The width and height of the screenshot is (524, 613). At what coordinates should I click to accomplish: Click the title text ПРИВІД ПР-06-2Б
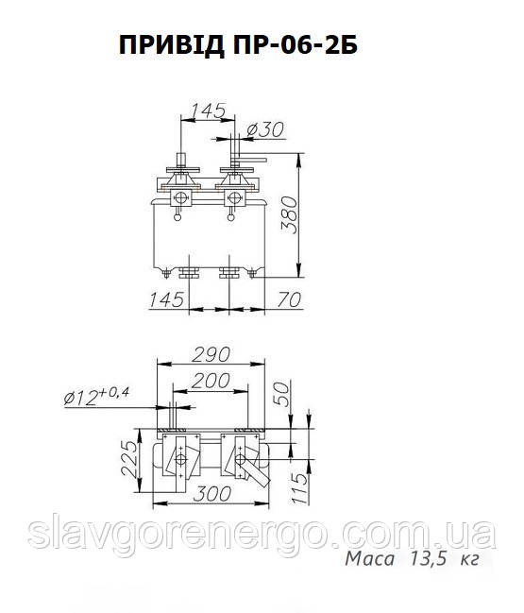238,45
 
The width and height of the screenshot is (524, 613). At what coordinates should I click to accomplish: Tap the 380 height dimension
290,215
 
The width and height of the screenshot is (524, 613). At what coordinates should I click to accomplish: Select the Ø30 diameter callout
265,129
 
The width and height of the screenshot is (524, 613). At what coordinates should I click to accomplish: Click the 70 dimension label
289,299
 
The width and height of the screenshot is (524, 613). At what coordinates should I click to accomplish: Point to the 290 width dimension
211,354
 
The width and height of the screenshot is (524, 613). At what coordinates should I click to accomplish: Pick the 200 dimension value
211,381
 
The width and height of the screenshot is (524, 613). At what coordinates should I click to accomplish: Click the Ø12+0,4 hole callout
96,396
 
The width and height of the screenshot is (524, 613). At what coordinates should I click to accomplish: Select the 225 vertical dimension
129,459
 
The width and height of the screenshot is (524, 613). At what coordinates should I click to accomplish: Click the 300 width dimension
212,494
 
